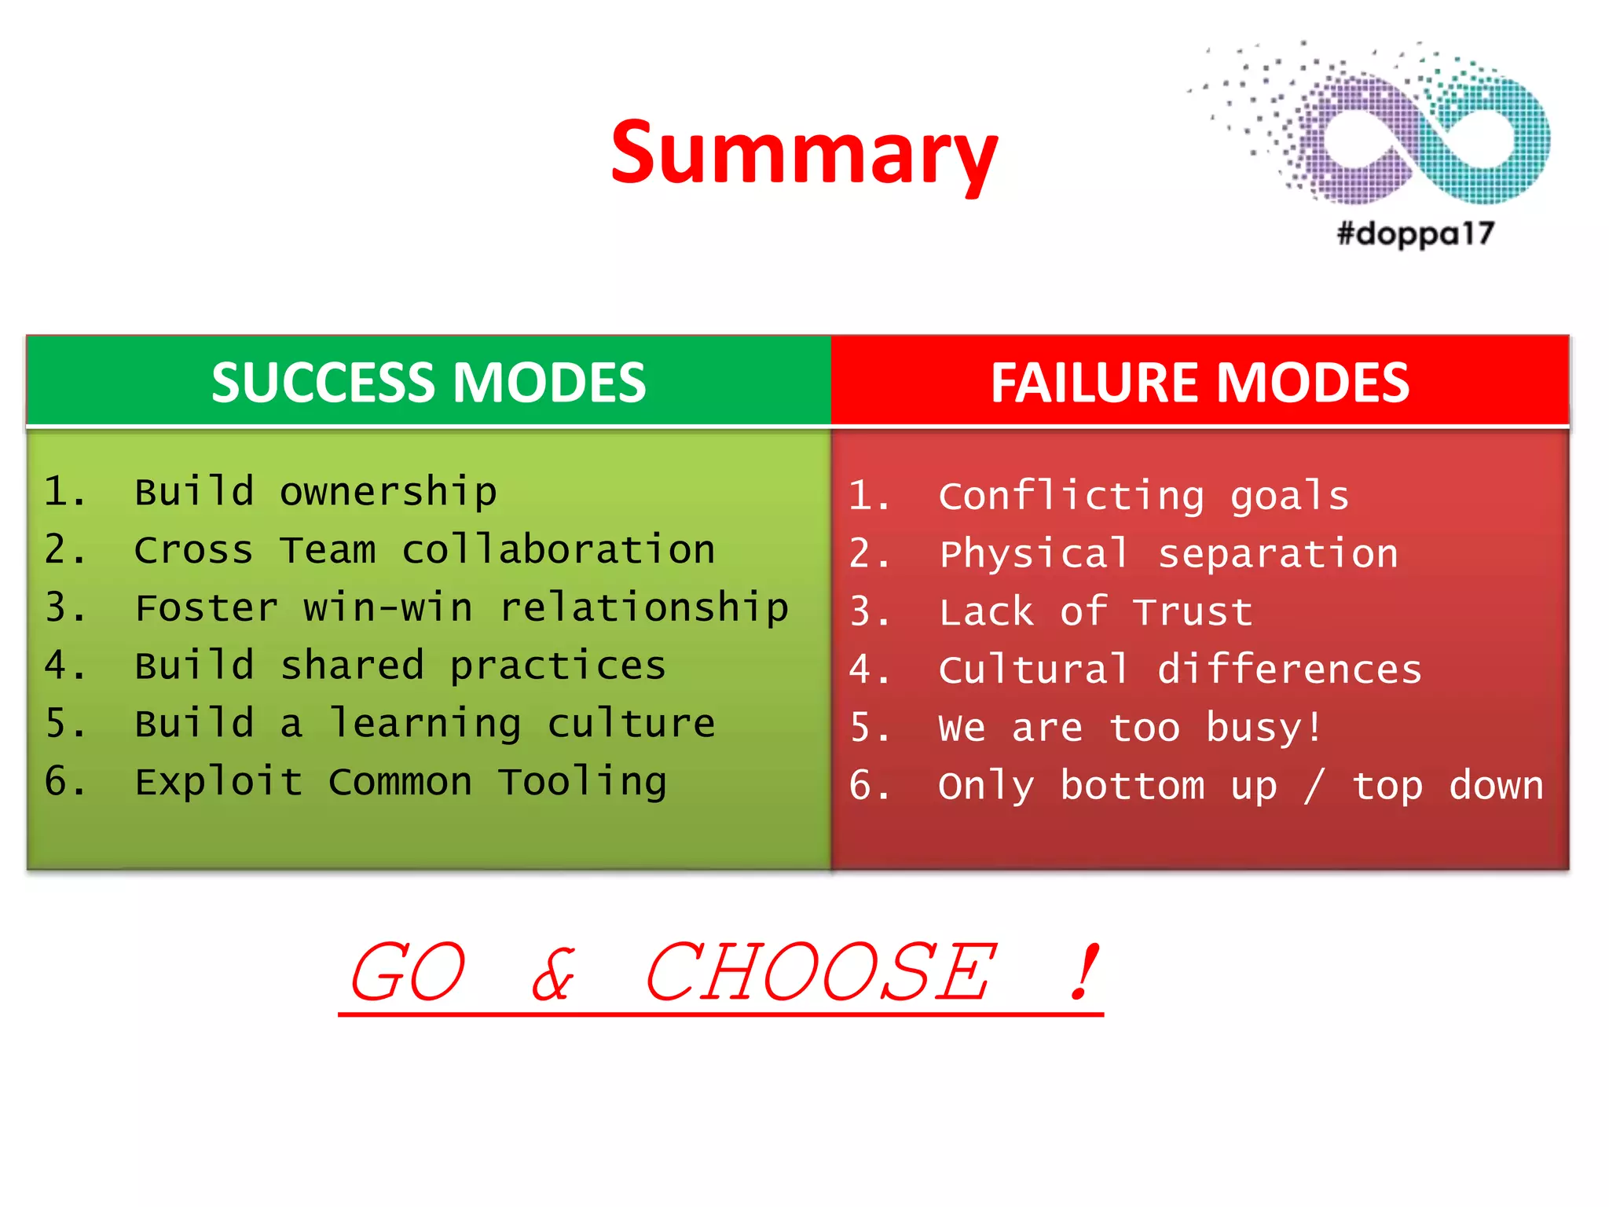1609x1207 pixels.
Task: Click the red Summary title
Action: click(804, 153)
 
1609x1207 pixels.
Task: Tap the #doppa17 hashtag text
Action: click(1415, 233)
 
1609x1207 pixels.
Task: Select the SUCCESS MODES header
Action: click(428, 383)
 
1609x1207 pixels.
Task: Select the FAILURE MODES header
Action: click(1200, 383)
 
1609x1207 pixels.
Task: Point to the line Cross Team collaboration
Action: click(424, 550)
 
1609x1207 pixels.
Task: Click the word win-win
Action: click(388, 608)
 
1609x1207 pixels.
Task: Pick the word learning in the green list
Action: click(424, 724)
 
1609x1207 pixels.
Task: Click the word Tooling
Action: click(582, 782)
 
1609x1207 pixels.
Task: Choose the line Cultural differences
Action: click(1179, 670)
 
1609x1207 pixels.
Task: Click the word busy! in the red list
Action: click(1264, 728)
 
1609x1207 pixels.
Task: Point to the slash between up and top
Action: click(1314, 786)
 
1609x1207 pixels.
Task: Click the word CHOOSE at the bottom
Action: click(819, 973)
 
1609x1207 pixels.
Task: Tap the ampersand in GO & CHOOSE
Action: click(553, 974)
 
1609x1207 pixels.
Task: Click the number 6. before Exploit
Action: click(64, 782)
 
